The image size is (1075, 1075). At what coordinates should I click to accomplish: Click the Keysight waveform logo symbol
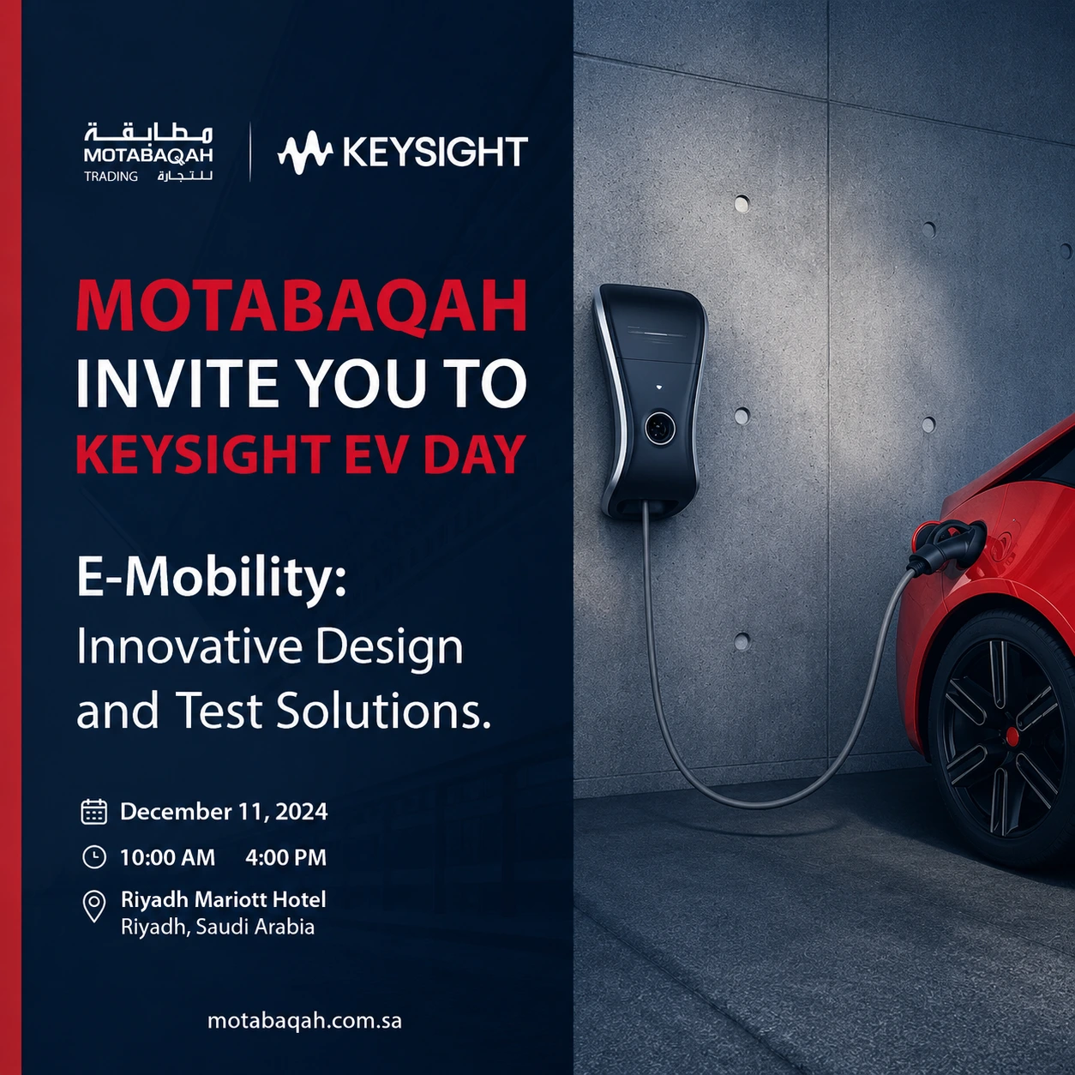point(304,153)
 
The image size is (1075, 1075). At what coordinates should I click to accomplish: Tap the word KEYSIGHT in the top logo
point(435,152)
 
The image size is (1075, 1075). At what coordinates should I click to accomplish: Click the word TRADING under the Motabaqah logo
point(111,177)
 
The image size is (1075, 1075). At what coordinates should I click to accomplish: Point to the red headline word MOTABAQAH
point(302,306)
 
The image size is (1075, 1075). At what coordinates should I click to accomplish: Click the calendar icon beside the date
point(93,812)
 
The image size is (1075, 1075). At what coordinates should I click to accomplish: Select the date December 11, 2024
point(224,812)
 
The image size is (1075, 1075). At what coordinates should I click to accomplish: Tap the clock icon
point(94,857)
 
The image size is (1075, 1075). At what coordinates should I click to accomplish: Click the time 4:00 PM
point(285,857)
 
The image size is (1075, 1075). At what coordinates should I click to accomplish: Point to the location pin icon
point(94,906)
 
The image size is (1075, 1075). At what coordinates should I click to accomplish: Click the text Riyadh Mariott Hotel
point(223,899)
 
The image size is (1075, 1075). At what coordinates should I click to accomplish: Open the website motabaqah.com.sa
point(304,1021)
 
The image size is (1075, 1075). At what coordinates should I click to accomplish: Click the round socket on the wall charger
point(660,428)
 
